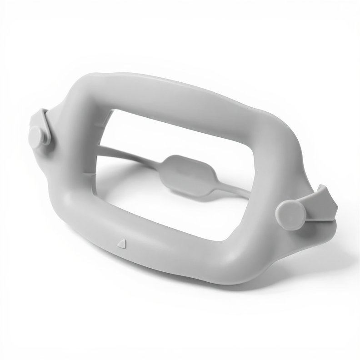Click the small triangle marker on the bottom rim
pos(121,244)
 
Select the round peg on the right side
pos(290,214)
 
